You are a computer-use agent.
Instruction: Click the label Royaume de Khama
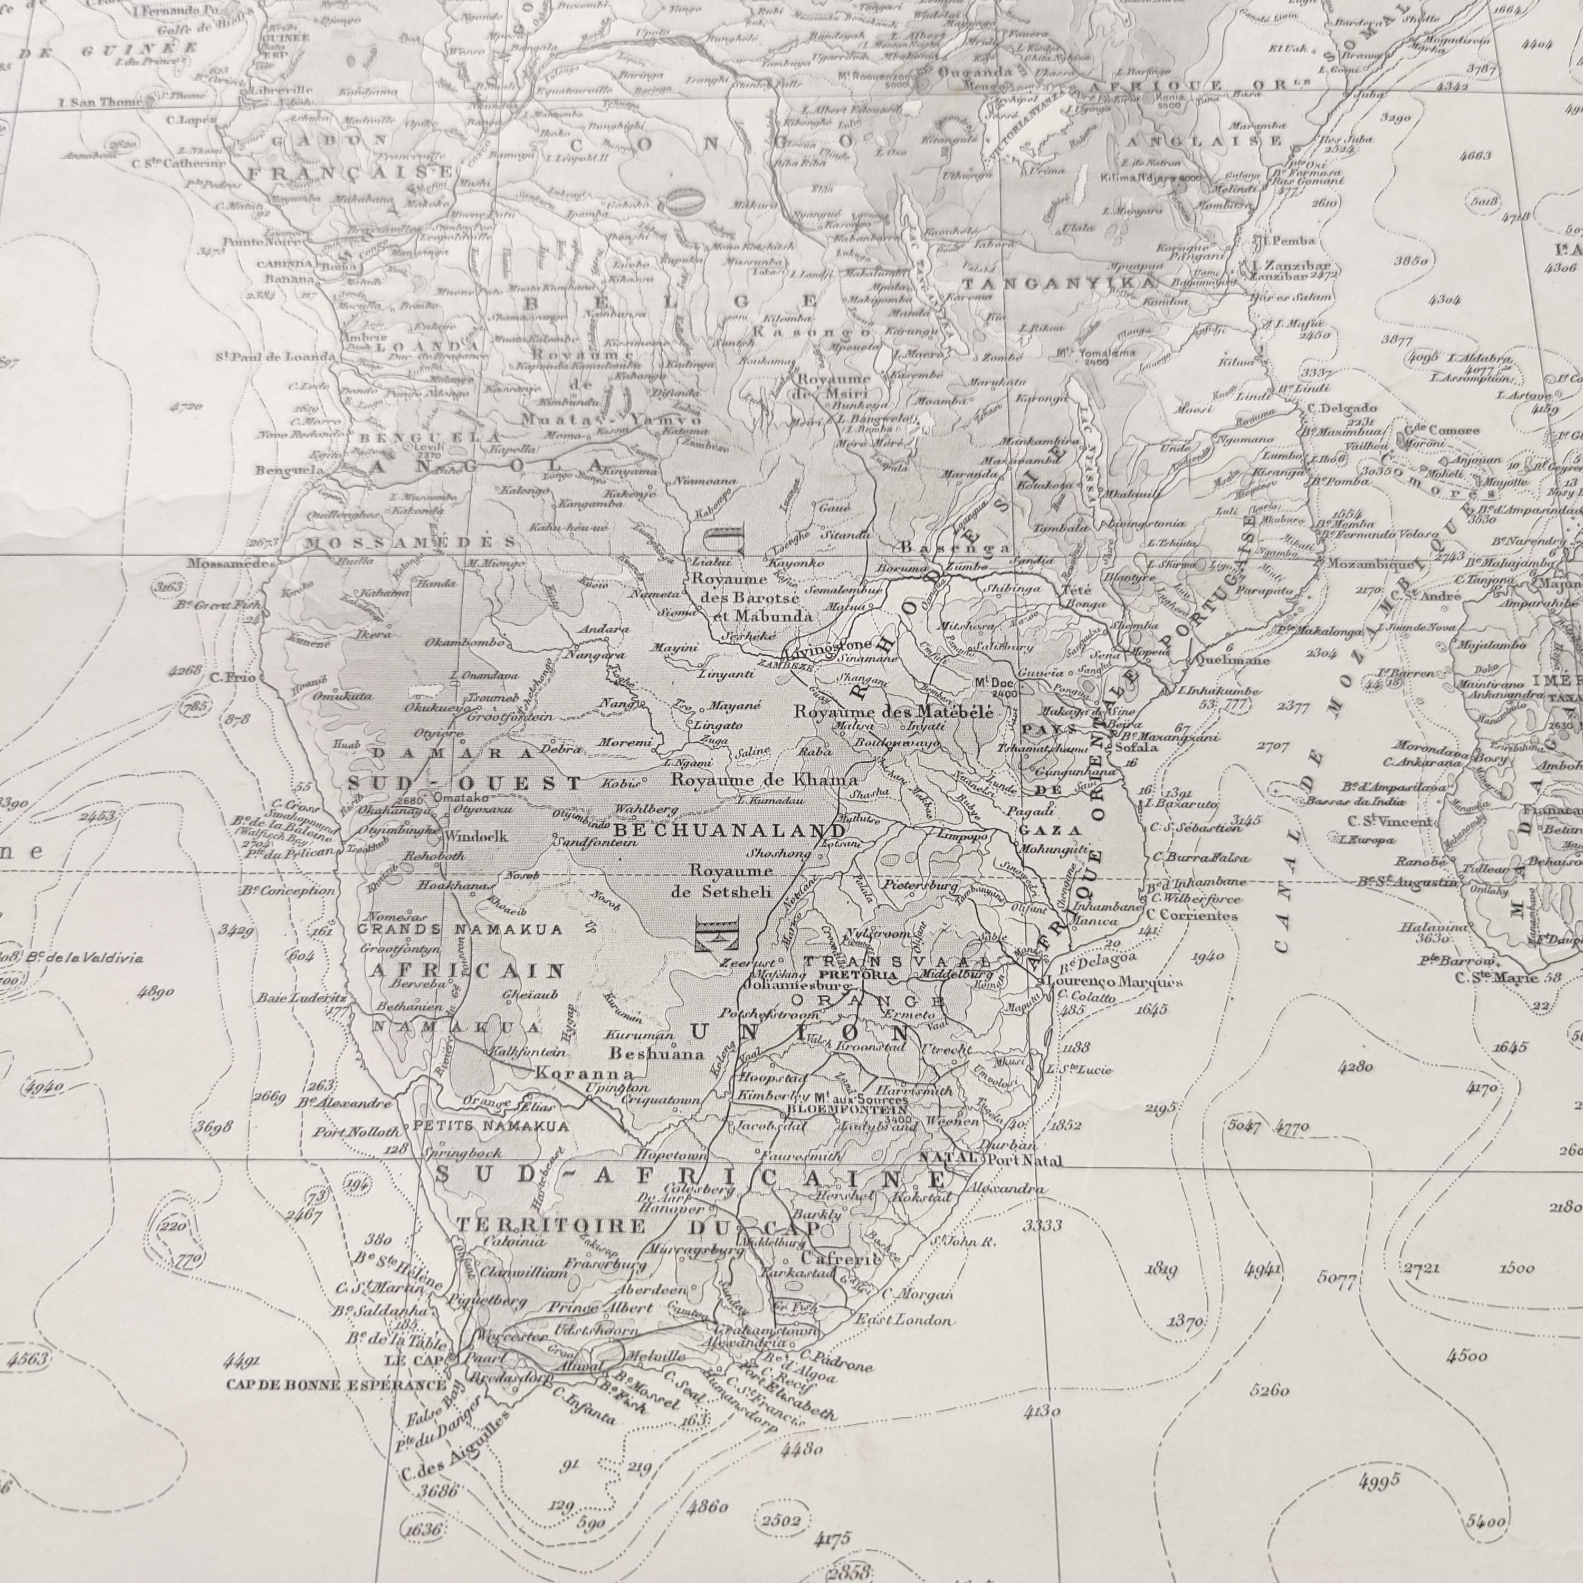(765, 779)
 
